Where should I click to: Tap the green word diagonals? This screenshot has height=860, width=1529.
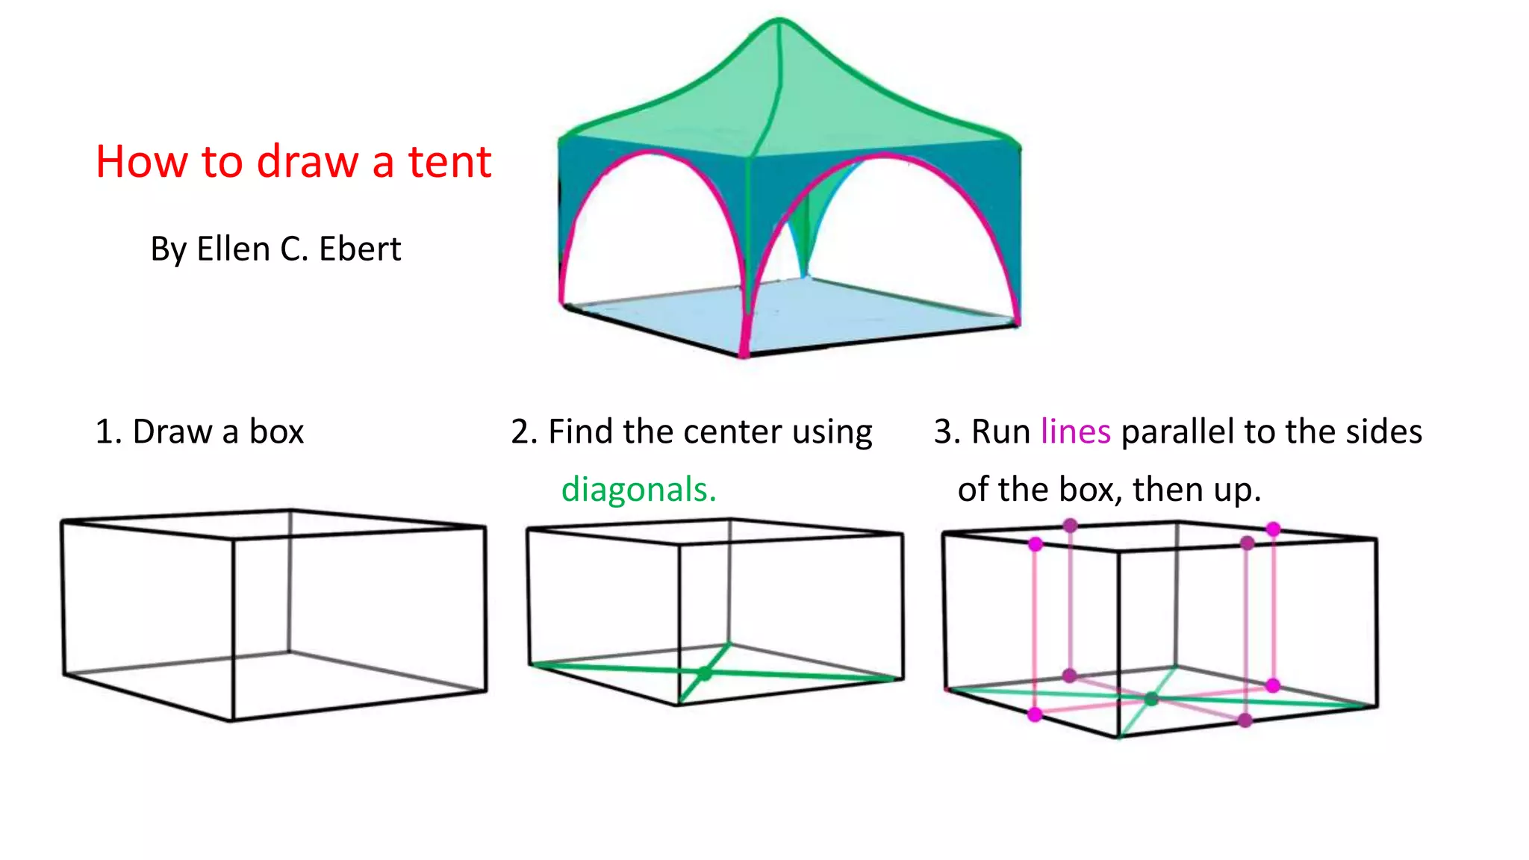(638, 490)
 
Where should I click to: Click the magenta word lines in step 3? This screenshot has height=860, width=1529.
(1075, 431)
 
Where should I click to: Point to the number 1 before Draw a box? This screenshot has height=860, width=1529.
(105, 431)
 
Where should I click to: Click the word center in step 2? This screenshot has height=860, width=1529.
(732, 431)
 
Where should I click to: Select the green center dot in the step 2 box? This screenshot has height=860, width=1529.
(704, 673)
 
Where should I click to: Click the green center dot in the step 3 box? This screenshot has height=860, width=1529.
(1151, 699)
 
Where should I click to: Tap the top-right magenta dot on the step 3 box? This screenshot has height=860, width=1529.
(1273, 529)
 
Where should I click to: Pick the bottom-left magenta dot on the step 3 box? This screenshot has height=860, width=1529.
(1035, 714)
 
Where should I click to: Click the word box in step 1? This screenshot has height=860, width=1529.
(276, 431)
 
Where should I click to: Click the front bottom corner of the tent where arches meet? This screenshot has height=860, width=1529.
(744, 354)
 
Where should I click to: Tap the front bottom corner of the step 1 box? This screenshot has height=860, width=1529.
(232, 720)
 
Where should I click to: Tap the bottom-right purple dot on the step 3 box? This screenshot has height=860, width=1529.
(1245, 720)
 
